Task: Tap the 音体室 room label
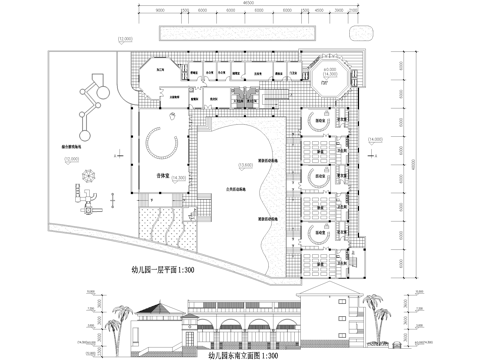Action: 157,173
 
